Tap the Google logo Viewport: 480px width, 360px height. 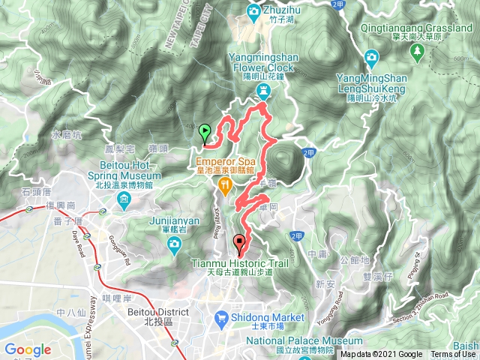coord(28,349)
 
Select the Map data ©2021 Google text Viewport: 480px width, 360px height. coord(382,355)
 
